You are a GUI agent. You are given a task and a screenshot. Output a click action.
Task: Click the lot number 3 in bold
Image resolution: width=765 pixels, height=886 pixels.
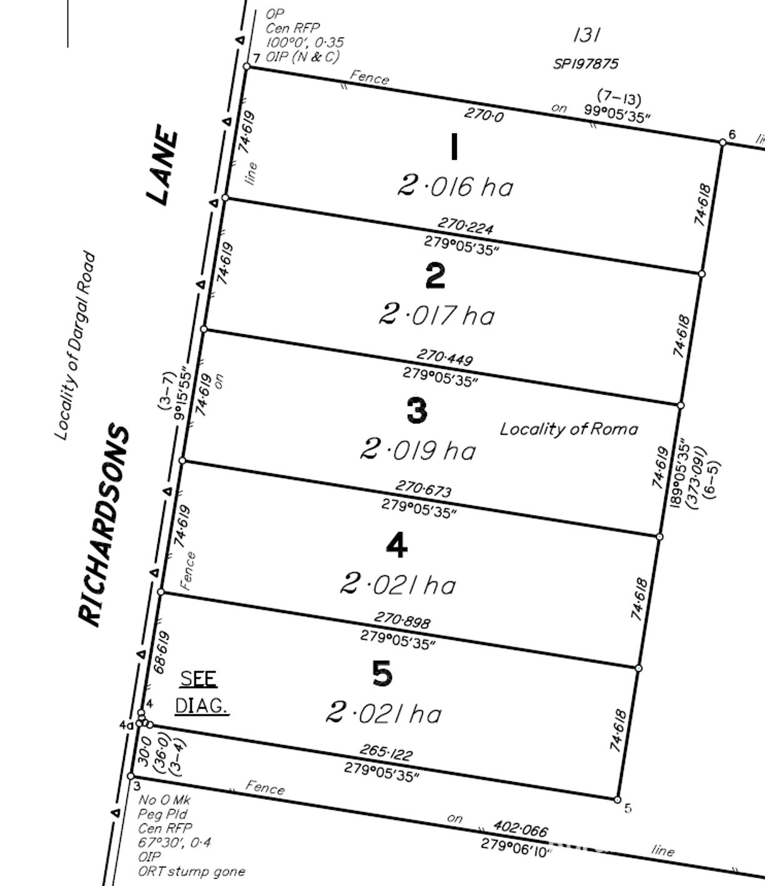click(x=417, y=411)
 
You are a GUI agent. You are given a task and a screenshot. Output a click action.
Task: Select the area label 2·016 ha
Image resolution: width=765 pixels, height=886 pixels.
click(x=455, y=186)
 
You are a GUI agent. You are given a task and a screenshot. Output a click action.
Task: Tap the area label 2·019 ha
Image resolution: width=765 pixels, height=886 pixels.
click(x=418, y=450)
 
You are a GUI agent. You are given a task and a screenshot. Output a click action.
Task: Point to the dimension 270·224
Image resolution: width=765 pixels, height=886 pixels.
click(x=466, y=226)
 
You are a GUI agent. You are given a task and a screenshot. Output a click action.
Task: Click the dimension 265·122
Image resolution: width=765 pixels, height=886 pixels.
click(x=386, y=752)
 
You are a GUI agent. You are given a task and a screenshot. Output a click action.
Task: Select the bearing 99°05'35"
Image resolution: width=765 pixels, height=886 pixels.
click(x=617, y=113)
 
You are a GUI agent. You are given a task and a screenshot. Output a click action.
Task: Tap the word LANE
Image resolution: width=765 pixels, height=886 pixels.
click(x=162, y=165)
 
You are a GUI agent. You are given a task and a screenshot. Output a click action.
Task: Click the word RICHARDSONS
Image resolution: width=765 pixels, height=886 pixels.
click(x=104, y=525)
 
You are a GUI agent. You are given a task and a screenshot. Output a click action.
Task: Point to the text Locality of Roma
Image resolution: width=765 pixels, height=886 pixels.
click(x=569, y=429)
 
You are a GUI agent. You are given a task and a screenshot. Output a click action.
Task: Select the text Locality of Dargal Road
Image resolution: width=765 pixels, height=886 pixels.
click(x=74, y=345)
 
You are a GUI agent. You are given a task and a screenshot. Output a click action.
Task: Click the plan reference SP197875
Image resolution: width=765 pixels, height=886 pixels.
click(x=586, y=64)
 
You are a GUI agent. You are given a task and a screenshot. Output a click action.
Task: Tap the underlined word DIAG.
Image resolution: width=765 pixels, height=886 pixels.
click(x=201, y=706)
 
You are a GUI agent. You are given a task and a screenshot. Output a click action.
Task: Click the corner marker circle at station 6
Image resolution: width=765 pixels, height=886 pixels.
click(x=722, y=142)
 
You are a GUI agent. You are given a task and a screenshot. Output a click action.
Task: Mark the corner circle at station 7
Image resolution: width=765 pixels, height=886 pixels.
click(x=246, y=66)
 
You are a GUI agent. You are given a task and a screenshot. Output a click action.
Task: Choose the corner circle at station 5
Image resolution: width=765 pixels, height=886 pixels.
click(x=617, y=799)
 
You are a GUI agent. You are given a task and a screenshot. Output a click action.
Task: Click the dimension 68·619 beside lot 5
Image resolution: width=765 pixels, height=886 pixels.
click(x=162, y=652)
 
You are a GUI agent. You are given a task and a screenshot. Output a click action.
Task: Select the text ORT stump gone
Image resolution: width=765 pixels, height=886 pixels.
click(x=192, y=872)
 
